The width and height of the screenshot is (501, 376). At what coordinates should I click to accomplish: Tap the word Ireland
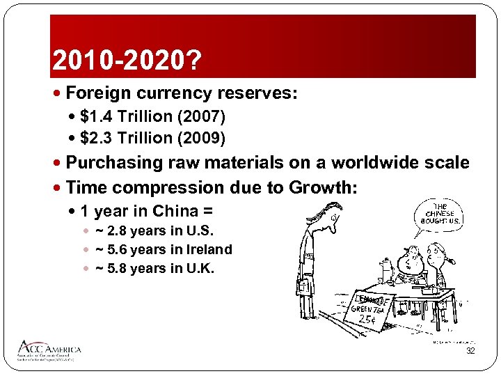tap(207, 249)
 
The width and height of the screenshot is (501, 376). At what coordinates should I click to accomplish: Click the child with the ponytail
tap(438, 261)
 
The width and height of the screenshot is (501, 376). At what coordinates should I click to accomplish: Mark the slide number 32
tap(470, 352)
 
